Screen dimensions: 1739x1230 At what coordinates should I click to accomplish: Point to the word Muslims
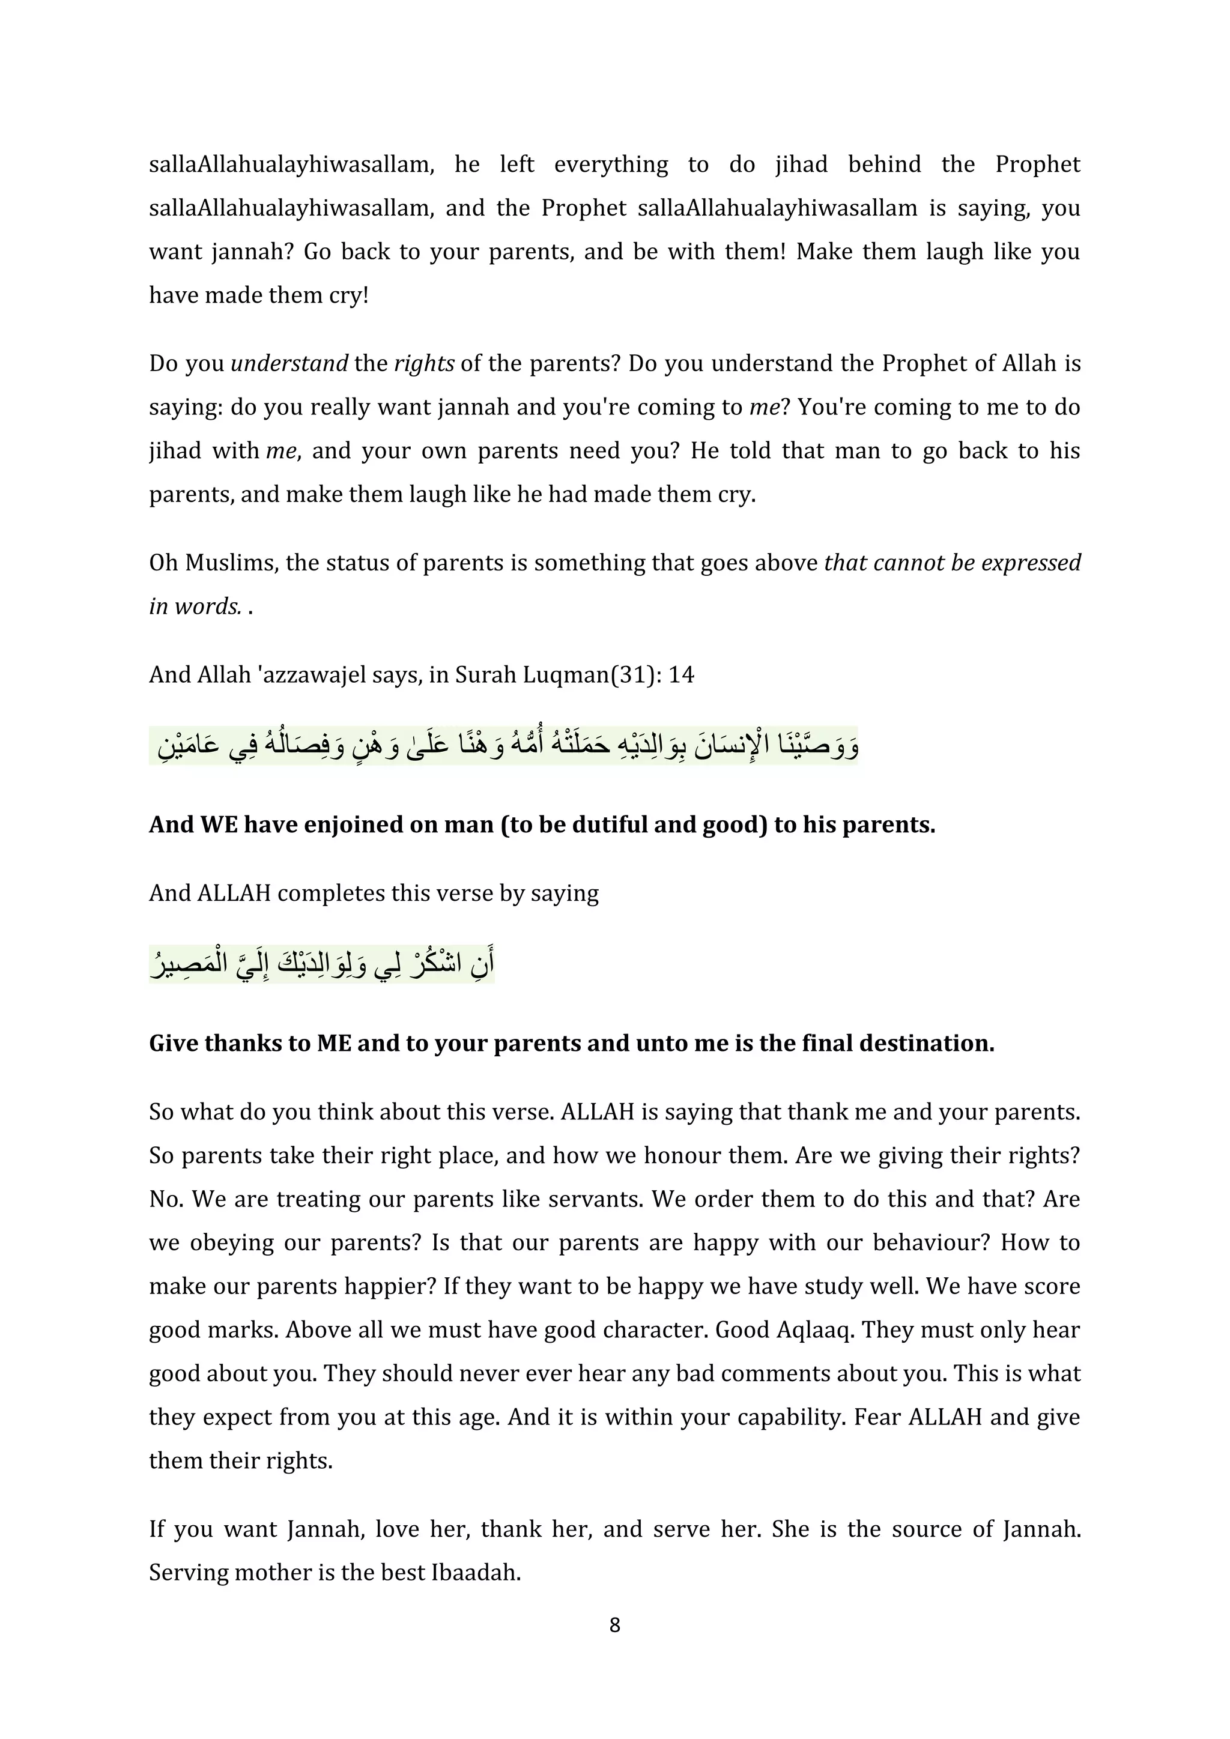point(226,563)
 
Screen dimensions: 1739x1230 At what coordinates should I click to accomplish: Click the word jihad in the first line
point(801,165)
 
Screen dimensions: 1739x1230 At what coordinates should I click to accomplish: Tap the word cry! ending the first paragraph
point(348,295)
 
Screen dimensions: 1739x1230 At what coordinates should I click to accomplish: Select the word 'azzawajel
point(311,675)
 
